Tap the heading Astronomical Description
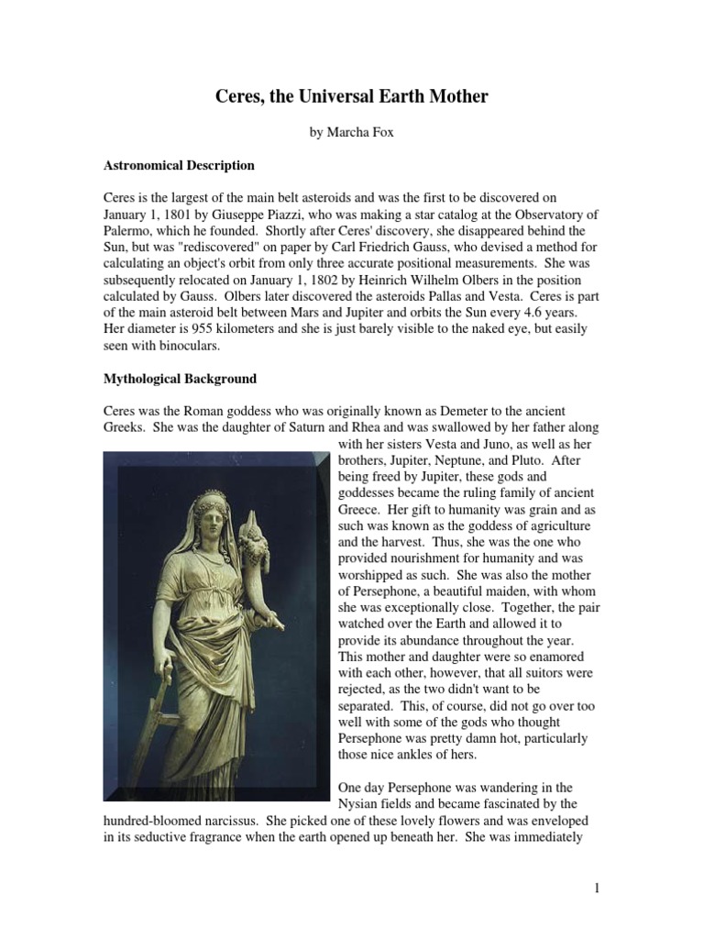tap(178, 166)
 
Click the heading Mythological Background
tap(180, 378)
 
